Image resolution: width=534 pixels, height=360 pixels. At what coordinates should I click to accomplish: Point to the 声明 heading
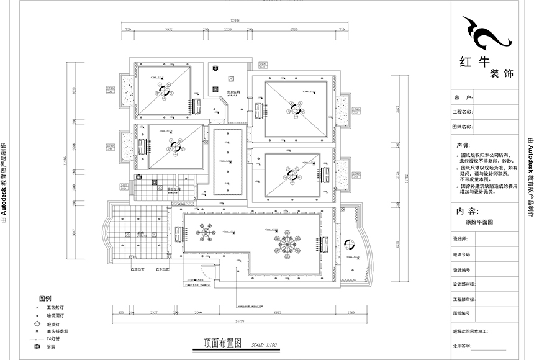(x=463, y=144)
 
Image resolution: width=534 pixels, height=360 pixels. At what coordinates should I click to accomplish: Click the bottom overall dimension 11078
(x=243, y=320)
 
